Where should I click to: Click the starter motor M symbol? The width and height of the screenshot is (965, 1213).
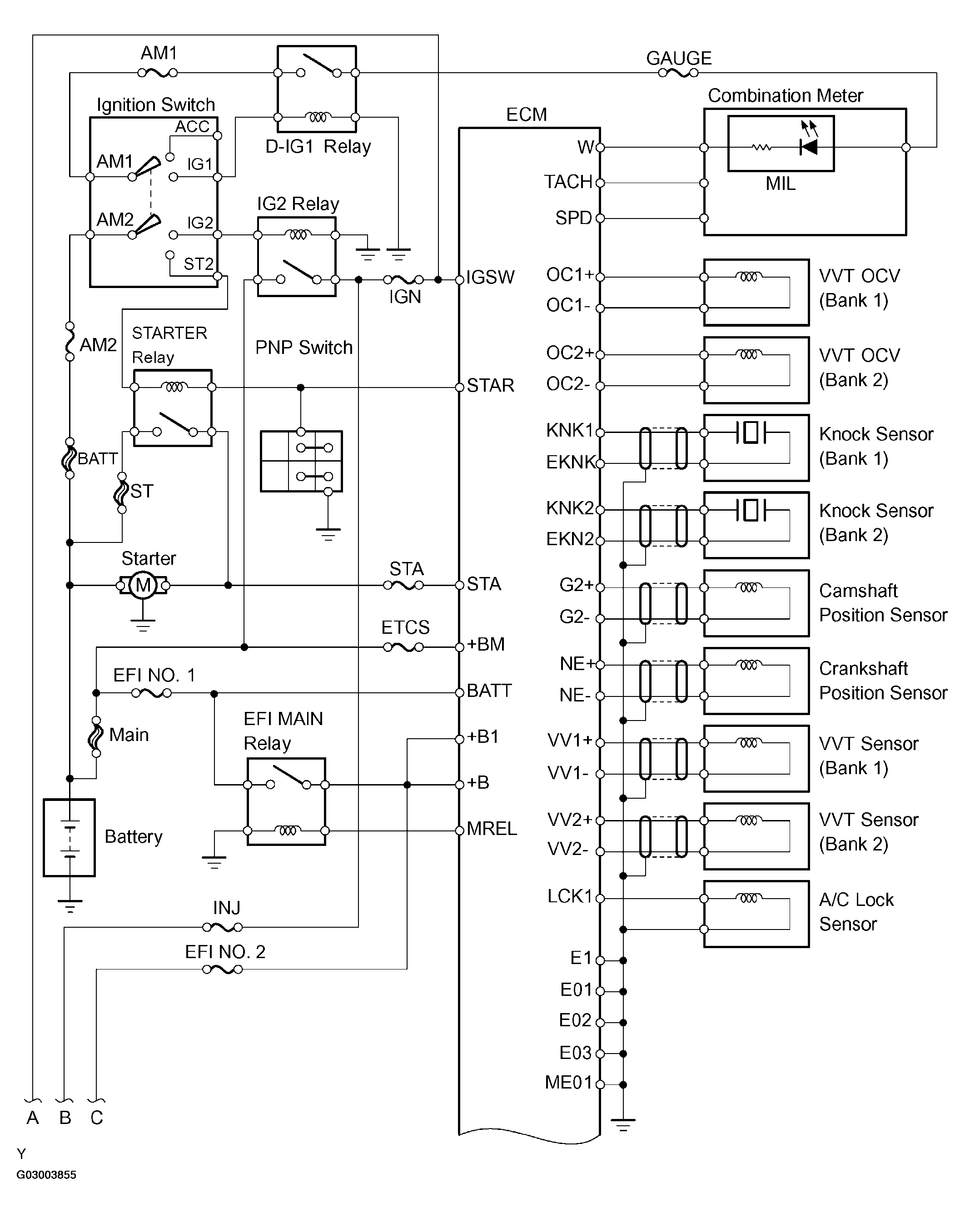[143, 585]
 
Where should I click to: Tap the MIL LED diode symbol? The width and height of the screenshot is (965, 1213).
[809, 147]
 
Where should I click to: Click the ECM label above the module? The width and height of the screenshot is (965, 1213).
[526, 115]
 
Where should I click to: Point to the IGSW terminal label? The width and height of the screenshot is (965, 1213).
[490, 278]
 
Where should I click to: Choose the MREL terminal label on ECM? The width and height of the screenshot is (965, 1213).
[491, 829]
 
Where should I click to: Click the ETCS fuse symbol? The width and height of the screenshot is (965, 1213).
[403, 647]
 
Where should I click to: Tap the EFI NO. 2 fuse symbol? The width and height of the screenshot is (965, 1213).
[222, 969]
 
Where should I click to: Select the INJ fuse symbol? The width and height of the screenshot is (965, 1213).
[222, 927]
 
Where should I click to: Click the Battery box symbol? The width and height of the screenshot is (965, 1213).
[69, 838]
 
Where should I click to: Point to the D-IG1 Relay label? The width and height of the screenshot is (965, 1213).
[318, 147]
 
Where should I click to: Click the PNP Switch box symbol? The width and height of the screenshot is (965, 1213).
[301, 461]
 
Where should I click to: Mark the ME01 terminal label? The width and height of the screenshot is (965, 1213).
[568, 1083]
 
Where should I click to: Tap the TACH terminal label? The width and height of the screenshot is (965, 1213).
[568, 182]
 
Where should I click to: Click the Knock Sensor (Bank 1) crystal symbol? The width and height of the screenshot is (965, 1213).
[751, 433]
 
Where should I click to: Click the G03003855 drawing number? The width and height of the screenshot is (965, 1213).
[46, 1175]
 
